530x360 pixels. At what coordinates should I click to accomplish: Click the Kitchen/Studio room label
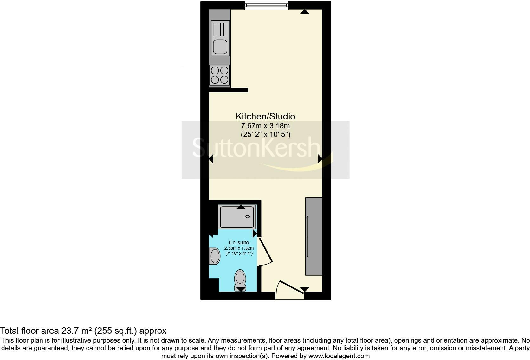point(265,116)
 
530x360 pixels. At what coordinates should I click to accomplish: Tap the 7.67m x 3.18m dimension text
point(265,126)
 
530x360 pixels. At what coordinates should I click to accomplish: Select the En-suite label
point(239,242)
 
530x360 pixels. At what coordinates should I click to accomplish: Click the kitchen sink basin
point(220,47)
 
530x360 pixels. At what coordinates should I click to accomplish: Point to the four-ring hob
point(220,75)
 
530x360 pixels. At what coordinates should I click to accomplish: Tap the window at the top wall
point(266,5)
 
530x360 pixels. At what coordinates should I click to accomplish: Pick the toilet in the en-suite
point(240,280)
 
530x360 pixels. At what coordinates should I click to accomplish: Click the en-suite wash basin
point(215,256)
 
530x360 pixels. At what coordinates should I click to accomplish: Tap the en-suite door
point(266,252)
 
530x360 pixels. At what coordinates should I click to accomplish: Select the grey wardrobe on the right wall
point(314,236)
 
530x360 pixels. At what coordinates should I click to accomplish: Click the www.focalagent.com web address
point(339,356)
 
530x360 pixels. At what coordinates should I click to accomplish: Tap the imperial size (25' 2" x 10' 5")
point(265,134)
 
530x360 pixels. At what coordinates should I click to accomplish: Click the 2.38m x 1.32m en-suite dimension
point(239,248)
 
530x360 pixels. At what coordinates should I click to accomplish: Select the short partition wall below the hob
point(228,90)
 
